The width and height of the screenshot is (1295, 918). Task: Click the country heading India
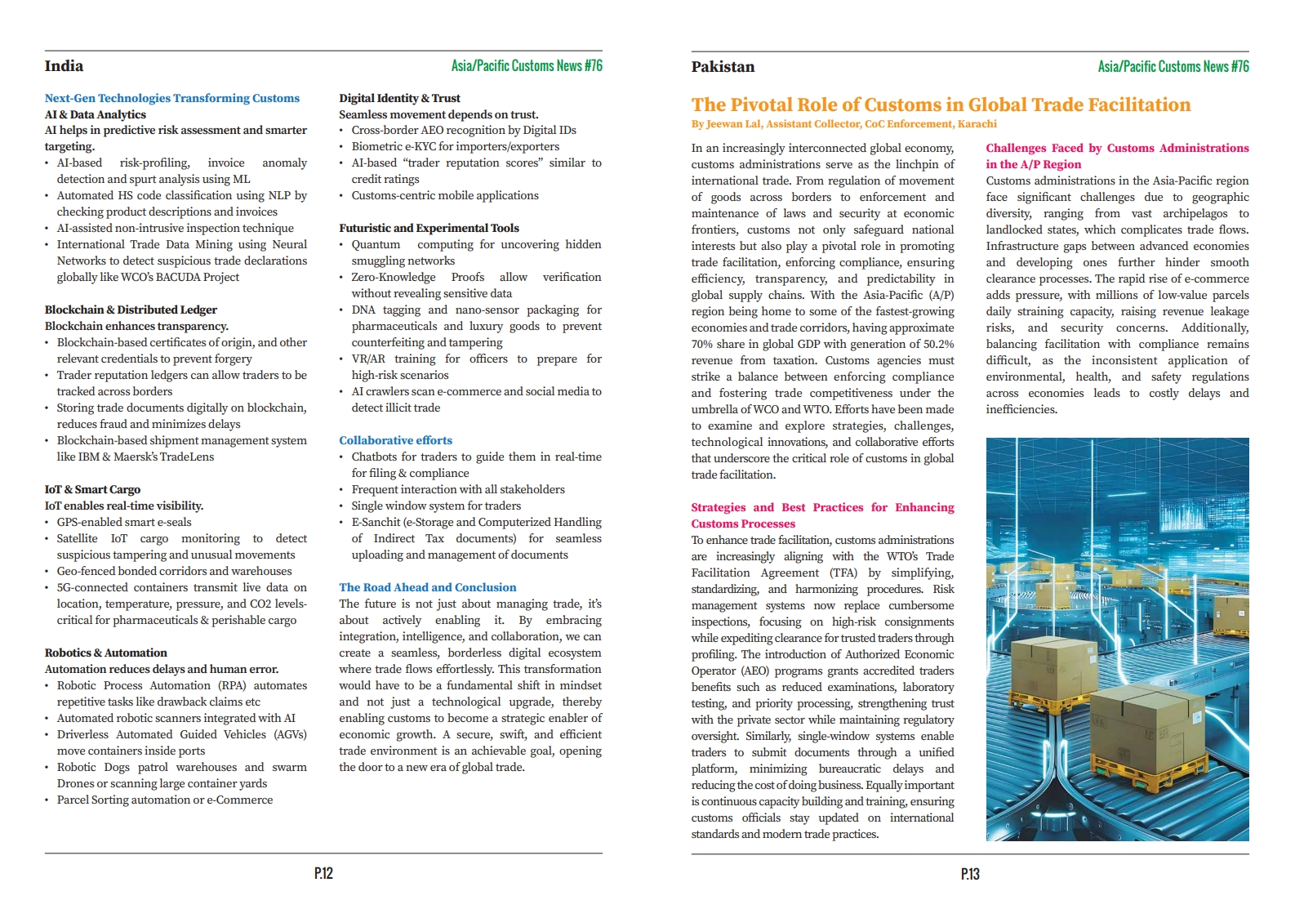click(x=64, y=66)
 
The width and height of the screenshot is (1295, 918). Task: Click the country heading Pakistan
click(x=723, y=67)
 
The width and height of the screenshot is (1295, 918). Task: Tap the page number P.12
click(x=323, y=873)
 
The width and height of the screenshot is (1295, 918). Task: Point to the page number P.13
click(x=970, y=874)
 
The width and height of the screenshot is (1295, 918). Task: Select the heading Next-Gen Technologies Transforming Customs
click(x=172, y=98)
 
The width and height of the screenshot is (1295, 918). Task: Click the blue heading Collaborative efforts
click(x=395, y=440)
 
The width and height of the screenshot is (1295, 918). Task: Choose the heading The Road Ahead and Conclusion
click(x=428, y=587)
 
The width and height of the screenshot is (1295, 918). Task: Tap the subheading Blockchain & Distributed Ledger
click(x=131, y=310)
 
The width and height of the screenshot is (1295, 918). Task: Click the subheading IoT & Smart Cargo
click(x=92, y=489)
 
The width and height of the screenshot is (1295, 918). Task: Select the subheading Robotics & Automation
click(x=105, y=653)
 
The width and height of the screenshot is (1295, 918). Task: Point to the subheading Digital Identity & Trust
click(x=399, y=98)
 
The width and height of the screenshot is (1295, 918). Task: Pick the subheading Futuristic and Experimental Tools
click(x=429, y=228)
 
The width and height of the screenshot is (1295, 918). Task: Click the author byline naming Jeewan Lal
click(x=843, y=124)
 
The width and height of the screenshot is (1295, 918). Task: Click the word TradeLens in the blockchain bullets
click(x=189, y=457)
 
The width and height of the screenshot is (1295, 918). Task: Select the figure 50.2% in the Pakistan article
click(x=935, y=344)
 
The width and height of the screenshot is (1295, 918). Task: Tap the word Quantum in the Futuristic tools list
click(x=376, y=244)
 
